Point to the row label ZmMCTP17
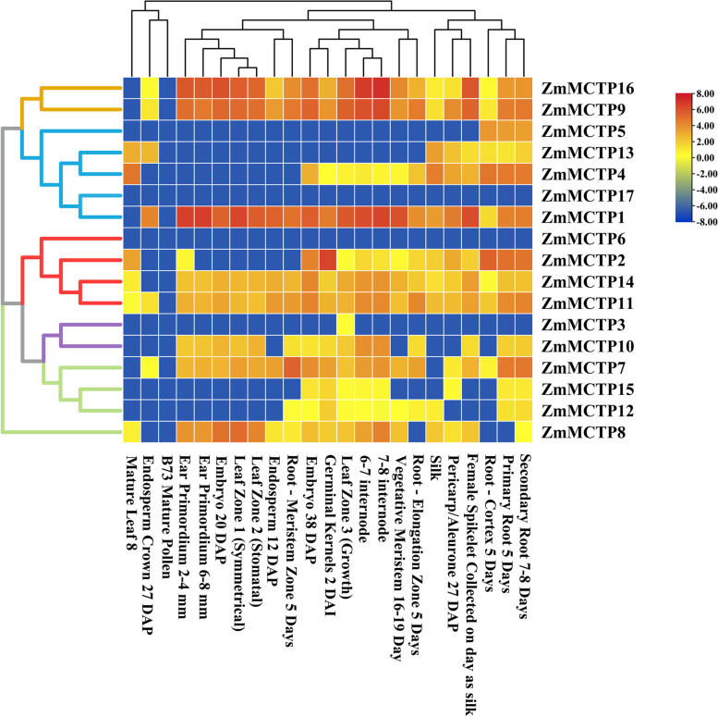[585, 195]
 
